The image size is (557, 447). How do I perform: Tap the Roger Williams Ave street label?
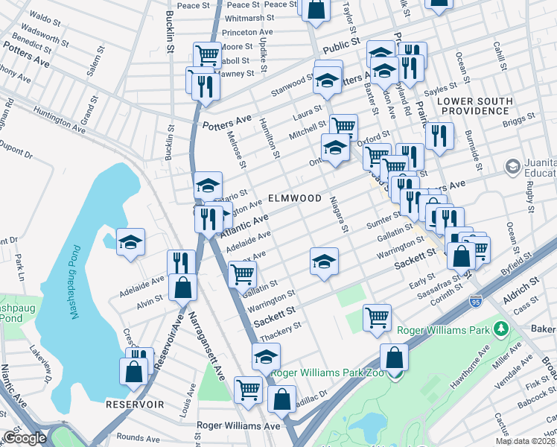pos(238,425)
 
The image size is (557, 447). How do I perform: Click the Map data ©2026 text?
pos(525,441)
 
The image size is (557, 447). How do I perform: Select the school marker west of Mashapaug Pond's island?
pos(130,242)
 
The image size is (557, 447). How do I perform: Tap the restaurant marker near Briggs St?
pos(440,136)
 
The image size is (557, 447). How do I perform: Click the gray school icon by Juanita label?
pos(512,165)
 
